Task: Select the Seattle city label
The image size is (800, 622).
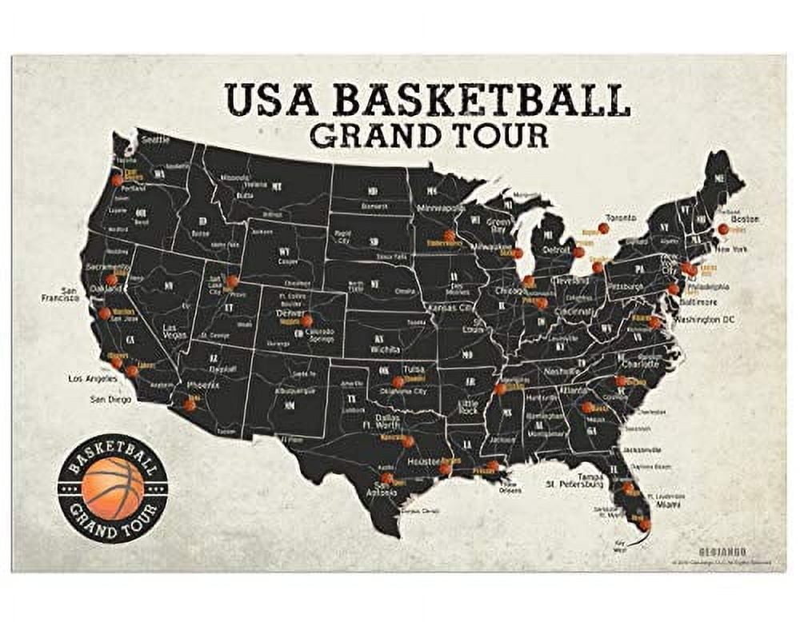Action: pos(156,139)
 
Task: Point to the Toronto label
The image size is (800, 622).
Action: pos(620,217)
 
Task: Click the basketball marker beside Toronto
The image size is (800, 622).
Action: pos(603,229)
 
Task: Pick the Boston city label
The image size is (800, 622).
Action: pos(745,218)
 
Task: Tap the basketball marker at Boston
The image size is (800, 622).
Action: pos(723,229)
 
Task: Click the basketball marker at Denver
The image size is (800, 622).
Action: pos(306,321)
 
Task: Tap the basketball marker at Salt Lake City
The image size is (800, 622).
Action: pos(232,281)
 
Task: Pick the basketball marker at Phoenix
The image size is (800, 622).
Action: pos(189,405)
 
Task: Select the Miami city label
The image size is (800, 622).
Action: pos(670,504)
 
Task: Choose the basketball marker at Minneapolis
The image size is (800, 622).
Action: pos(450,236)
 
